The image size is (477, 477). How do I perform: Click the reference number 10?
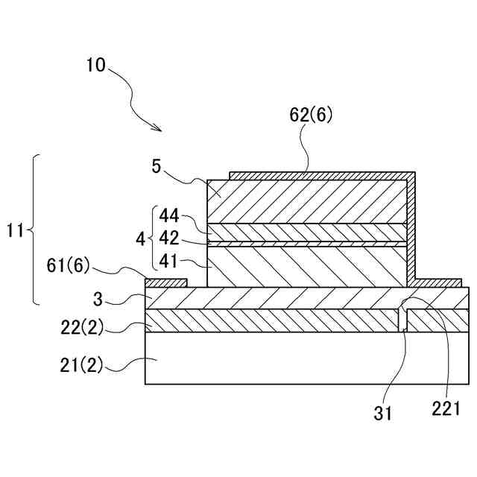pyautogui.click(x=96, y=65)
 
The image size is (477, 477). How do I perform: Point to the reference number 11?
pyautogui.click(x=16, y=230)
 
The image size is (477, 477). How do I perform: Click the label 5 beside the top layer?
pyautogui.click(x=157, y=165)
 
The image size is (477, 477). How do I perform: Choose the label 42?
pyautogui.click(x=168, y=239)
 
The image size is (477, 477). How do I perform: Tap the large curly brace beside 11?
pyautogui.click(x=34, y=230)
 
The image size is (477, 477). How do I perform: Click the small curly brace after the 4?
pyautogui.click(x=152, y=239)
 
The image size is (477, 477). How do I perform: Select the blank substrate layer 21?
pyautogui.click(x=298, y=359)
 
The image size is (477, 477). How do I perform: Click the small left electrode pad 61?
pyautogui.click(x=166, y=282)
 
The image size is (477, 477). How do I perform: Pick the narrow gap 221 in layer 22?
pyautogui.click(x=402, y=320)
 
